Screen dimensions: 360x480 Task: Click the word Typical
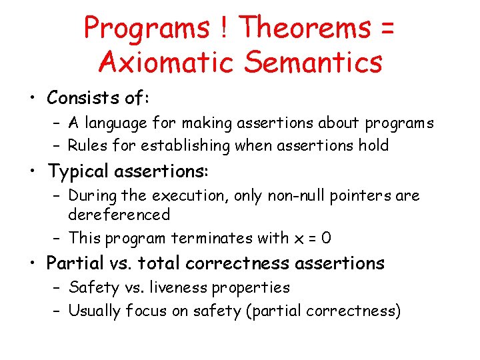[x=78, y=171]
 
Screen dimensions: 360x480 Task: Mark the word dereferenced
[x=119, y=215]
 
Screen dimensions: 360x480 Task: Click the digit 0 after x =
[x=326, y=238]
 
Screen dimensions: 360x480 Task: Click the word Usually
[x=95, y=311]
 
